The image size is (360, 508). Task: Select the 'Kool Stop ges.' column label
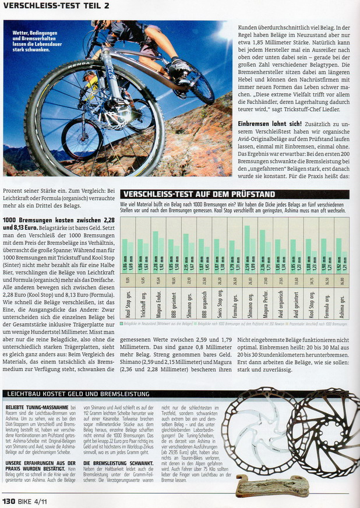pos(126,304)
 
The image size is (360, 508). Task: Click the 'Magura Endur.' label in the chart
pos(157,304)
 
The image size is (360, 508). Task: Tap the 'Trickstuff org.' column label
pos(142,304)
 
